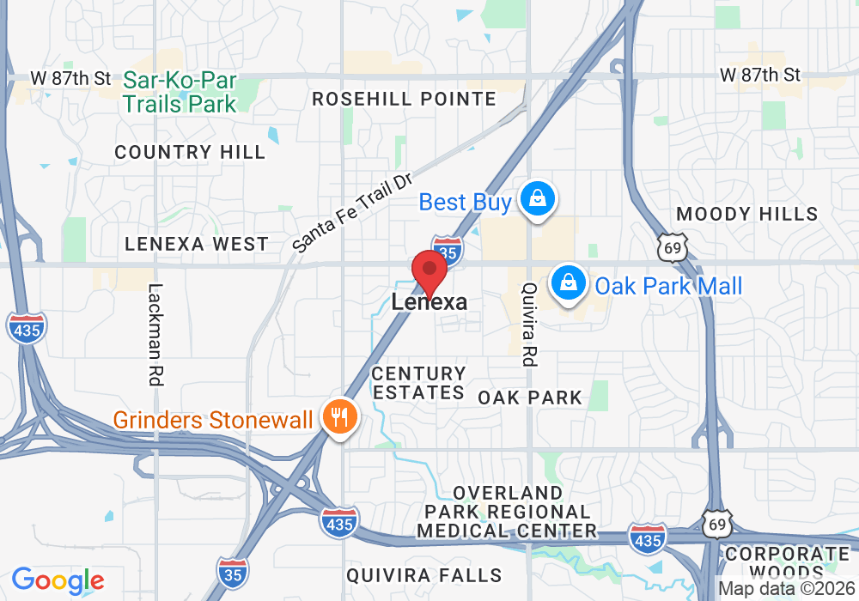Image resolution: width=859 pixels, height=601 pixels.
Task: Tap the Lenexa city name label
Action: click(429, 302)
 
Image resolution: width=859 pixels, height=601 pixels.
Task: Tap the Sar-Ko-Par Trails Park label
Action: click(180, 92)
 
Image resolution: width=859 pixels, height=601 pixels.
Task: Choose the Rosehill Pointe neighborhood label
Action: click(404, 100)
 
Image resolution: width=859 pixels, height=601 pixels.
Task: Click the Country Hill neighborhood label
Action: click(190, 153)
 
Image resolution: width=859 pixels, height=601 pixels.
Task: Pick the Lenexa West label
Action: click(197, 245)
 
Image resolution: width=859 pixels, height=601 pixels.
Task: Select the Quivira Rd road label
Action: click(529, 326)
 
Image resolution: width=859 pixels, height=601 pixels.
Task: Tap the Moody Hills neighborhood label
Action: click(747, 214)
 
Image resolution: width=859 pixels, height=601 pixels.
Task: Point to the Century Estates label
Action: click(418, 384)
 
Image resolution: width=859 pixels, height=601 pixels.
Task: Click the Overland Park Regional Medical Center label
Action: click(507, 512)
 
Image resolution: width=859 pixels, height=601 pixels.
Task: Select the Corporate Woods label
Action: click(787, 563)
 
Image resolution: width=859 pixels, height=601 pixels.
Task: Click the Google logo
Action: click(58, 580)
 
